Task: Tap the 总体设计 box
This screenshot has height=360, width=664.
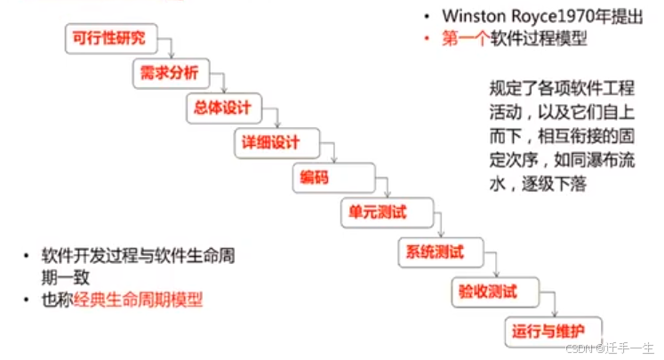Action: (224, 108)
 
